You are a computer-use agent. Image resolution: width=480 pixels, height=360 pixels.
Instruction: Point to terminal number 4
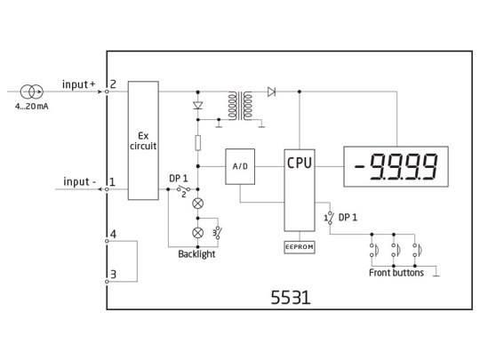click(x=112, y=236)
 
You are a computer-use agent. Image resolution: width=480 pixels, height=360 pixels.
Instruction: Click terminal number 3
click(x=112, y=275)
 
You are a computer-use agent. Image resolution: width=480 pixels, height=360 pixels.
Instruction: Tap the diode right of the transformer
click(x=271, y=91)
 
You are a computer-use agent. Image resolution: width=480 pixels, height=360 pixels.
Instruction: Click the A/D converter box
click(x=240, y=166)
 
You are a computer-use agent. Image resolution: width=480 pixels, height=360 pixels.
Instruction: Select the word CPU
click(x=300, y=164)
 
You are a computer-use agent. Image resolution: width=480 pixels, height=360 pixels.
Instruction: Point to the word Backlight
click(x=196, y=254)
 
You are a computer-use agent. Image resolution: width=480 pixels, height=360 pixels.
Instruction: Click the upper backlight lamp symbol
click(x=196, y=204)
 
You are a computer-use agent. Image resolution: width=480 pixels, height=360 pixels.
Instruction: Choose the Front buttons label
click(x=396, y=273)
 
